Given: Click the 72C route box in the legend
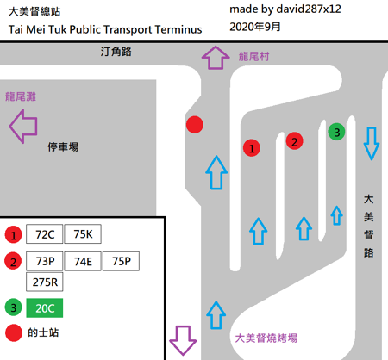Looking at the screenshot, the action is pos(44,234).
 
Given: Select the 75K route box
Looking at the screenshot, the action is pos(83,234).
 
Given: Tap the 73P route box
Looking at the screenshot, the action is pos(44,261).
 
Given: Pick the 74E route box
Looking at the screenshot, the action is pos(83,261).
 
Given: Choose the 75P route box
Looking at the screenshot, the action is pos(121,261).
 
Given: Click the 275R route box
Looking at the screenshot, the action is pos(44,282).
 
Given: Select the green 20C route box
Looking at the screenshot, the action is pos(45,308).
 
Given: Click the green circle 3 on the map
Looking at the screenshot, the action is pos(336,132).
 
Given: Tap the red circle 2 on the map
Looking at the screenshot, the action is pos(294,141).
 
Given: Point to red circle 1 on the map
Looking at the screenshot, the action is pos(252,148).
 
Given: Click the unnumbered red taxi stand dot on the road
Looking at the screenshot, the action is pos(195,125).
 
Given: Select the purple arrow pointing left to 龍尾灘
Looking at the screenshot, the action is pos(23,127).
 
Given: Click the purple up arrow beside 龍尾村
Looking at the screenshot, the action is pos(216,58).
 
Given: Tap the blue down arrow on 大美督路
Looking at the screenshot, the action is pos(372,143).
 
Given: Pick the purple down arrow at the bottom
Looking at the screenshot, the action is pos(183,340).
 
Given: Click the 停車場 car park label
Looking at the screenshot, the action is pos(63,146).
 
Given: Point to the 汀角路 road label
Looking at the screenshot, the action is pos(116,52).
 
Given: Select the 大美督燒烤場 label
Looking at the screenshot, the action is pos(266,338).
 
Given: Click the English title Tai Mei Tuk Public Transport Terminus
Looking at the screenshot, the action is pos(105,29).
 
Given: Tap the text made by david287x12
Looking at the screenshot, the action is pos(285,9).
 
